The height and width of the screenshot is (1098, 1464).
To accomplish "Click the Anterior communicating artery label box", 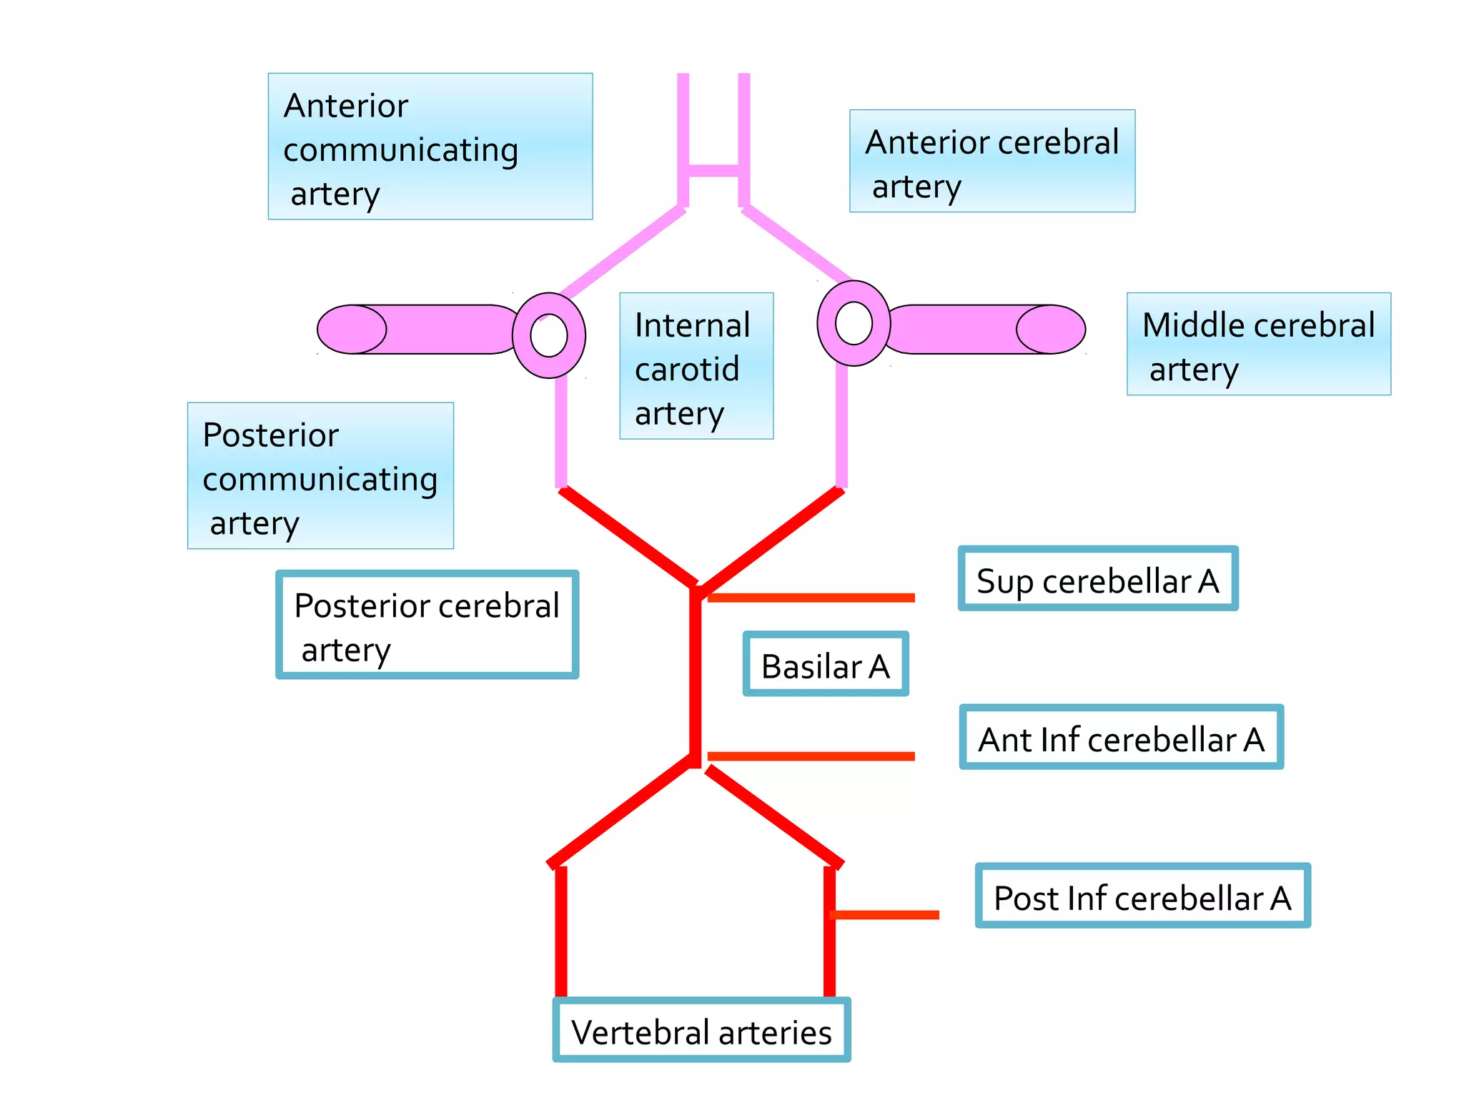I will (430, 147).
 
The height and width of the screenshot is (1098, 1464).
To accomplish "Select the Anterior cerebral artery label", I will (991, 161).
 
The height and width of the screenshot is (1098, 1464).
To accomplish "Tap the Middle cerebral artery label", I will (1258, 344).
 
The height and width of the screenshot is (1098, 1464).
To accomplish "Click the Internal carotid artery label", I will (696, 366).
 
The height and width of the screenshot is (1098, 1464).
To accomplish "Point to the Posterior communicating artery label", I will (320, 475).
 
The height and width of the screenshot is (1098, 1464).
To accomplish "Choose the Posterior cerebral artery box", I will (427, 625).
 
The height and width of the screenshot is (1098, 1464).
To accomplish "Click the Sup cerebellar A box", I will (1097, 579).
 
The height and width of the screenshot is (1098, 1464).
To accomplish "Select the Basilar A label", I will (825, 664).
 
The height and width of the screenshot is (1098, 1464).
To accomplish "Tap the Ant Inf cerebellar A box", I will (1121, 737).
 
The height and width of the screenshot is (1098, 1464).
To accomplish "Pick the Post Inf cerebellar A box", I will (1142, 896).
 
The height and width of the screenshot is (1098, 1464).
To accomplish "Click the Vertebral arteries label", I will (701, 1030).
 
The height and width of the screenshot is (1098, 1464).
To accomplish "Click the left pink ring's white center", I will (549, 335).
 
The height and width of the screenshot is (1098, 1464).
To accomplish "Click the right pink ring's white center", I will (854, 323).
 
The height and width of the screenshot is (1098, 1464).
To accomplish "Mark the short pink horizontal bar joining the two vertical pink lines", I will (713, 170).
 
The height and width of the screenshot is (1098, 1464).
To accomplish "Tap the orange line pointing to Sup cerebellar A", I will (811, 598).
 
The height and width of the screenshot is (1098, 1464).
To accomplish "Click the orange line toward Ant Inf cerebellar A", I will (811, 756).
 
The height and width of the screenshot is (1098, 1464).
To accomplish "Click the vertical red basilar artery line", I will (695, 676).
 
